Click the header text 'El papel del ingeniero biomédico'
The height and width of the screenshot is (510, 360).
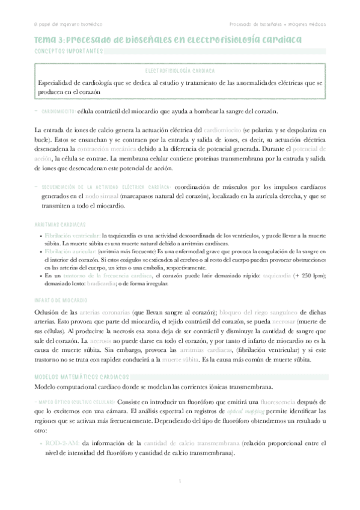point(68,24)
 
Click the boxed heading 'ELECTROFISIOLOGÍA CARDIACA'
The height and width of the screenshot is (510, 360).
point(180,71)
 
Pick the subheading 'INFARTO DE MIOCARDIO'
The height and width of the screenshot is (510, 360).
point(61,300)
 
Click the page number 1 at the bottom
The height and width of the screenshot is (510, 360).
point(180,481)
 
